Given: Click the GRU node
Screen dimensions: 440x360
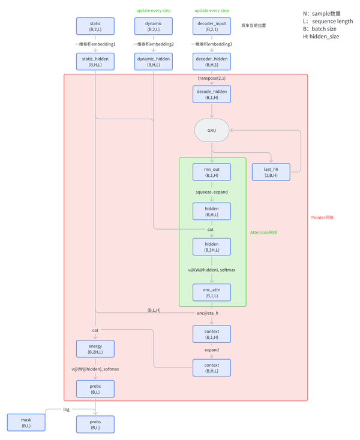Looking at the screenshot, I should coord(211,130).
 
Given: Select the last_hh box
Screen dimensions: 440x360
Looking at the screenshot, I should coord(271,172).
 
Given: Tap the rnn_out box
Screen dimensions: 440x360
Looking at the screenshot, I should coord(211,172).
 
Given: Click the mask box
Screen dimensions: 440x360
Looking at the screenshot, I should coord(26,422).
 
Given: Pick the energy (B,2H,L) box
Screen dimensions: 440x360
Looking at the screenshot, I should coord(95,349).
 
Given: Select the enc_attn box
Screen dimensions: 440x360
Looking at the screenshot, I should coord(211,293).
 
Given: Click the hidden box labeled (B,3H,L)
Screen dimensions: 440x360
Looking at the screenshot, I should coord(211,247).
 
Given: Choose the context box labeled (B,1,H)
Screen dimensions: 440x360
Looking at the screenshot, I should coord(211,334).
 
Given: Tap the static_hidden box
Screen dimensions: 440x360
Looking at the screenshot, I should coord(95,61).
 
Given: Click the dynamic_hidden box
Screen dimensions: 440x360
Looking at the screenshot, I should coord(154,61).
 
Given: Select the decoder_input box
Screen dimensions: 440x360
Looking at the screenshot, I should coord(211,26).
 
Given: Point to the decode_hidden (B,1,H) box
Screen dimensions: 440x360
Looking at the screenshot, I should coord(211,94).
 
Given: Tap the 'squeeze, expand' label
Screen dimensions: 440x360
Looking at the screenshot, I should coord(211,192).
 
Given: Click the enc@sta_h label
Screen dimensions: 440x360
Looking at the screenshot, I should coord(208,313).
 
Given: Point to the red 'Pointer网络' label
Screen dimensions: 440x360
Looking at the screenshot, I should coord(322,218).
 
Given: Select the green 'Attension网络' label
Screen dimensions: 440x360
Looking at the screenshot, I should coord(263,233).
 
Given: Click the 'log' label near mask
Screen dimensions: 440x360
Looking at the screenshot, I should coord(67,409).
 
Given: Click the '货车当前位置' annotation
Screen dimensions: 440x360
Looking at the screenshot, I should coord(253,26).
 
